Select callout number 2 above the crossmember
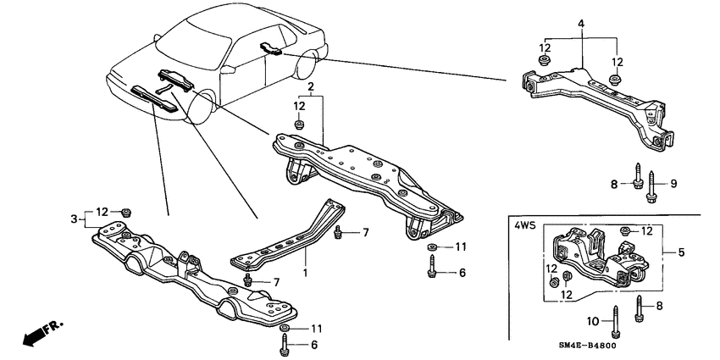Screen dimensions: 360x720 [311, 87]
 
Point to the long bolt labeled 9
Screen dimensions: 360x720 [651, 189]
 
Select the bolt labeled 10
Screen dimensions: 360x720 [614, 320]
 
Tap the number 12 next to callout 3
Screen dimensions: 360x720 [102, 212]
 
